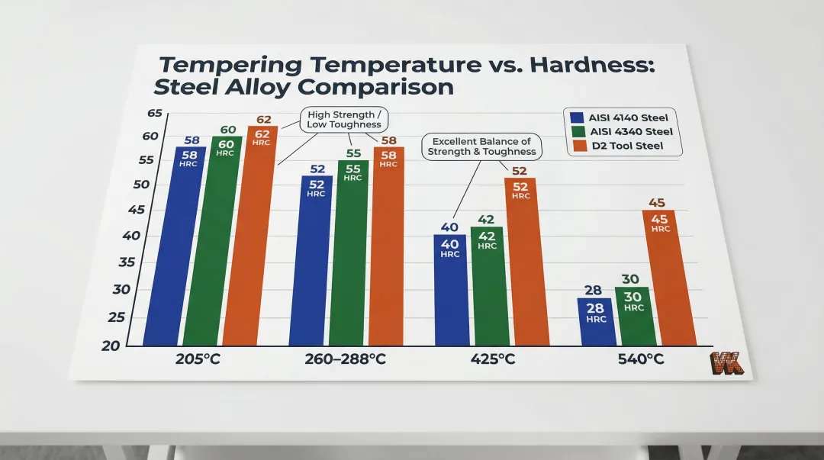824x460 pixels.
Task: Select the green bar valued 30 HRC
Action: [x=635, y=316]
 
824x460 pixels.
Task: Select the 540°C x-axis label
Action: [x=639, y=359]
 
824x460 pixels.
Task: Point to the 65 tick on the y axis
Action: [x=155, y=114]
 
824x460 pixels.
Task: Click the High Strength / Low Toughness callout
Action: [x=341, y=120]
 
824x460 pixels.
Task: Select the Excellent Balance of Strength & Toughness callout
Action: [x=481, y=146]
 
